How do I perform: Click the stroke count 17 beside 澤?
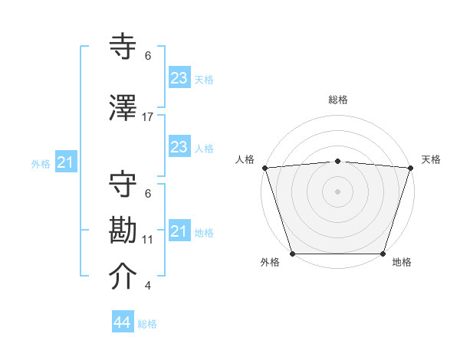148,116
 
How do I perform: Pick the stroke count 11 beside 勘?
148,239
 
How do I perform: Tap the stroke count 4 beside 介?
148,286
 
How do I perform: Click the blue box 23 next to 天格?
179,77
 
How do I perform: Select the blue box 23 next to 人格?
179,147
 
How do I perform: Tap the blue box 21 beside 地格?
179,231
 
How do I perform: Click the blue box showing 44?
123,322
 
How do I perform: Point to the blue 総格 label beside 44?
147,324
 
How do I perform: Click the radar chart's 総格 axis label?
337,100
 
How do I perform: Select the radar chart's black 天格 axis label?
431,159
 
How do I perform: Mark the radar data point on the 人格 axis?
264,168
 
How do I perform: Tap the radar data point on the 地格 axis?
383,254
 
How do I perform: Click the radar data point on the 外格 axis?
292,254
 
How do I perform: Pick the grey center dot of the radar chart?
337,191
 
